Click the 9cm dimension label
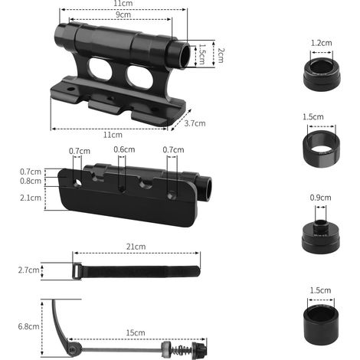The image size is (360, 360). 123,15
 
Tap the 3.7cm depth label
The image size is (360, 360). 195,123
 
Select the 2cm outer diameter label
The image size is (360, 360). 221,55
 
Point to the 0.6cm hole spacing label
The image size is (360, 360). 124,149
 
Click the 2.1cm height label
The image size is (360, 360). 31,198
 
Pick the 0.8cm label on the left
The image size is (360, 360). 31,181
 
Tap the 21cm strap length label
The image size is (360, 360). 136,247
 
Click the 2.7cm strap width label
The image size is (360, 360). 29,270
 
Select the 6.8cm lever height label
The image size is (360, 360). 28,326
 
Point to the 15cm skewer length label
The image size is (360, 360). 136,333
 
